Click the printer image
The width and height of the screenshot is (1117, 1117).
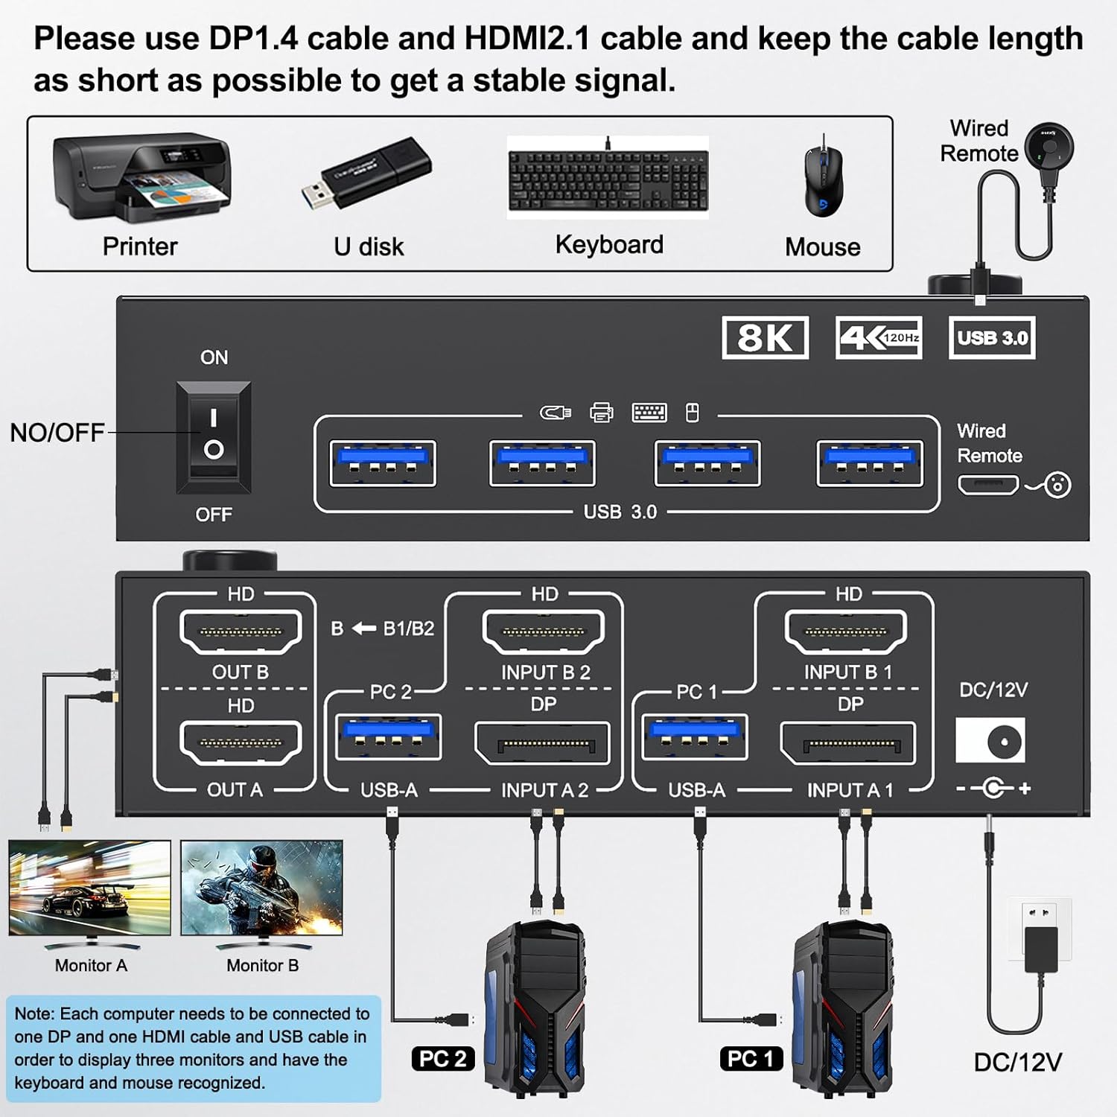(141, 179)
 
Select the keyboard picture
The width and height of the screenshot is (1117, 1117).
(608, 179)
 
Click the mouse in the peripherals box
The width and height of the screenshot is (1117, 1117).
(824, 179)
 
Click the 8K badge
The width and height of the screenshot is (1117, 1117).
(765, 338)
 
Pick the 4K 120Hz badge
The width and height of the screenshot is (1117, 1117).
(879, 338)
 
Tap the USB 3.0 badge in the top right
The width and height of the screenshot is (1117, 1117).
(992, 338)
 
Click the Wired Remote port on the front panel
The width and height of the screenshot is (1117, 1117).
(987, 486)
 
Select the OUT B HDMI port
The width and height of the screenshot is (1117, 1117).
(241, 631)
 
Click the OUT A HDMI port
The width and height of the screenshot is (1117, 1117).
(241, 742)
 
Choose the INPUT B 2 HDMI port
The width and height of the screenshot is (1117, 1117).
(544, 631)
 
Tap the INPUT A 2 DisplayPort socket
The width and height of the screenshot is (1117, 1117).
(543, 743)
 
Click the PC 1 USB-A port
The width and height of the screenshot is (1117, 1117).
(695, 736)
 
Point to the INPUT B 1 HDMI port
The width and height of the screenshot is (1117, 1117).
(846, 631)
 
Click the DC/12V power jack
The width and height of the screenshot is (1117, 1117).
(990, 740)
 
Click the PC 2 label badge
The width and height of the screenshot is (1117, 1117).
(443, 1058)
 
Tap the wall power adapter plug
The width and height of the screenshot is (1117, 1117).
(1040, 941)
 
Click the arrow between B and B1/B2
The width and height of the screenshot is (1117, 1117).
(363, 629)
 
